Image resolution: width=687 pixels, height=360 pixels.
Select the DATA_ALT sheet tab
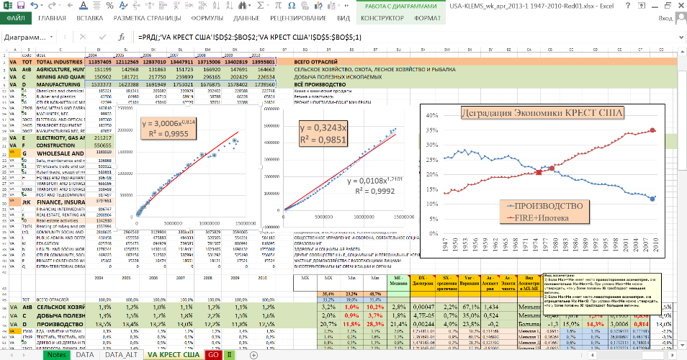coord(122,355)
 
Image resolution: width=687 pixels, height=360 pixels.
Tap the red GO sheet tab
coord(213,355)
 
